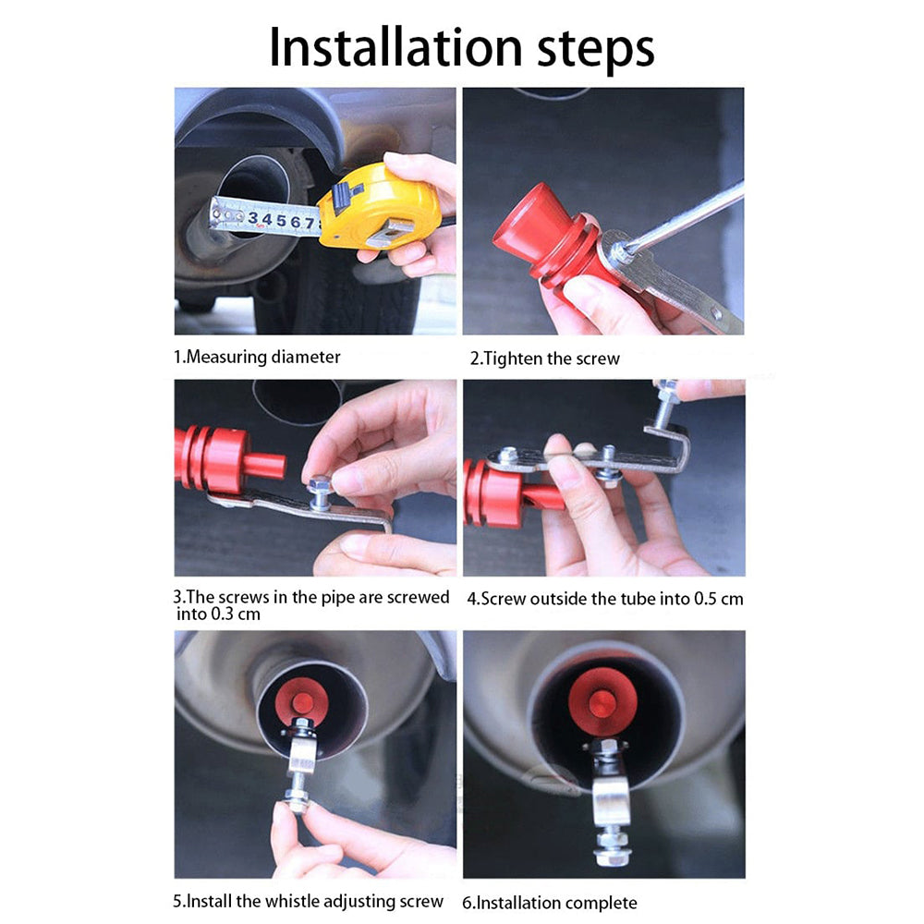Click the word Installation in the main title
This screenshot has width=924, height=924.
[395, 47]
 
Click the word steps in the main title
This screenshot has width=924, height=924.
[596, 51]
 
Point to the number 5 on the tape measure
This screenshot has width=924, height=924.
[281, 221]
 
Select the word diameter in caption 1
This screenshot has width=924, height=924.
[305, 357]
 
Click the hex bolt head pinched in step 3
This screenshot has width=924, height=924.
[319, 485]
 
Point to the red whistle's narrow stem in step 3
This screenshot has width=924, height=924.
[264, 466]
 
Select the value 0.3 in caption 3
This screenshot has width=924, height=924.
[222, 614]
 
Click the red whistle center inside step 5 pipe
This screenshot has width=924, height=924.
[303, 702]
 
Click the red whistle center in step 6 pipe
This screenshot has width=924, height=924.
[602, 704]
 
